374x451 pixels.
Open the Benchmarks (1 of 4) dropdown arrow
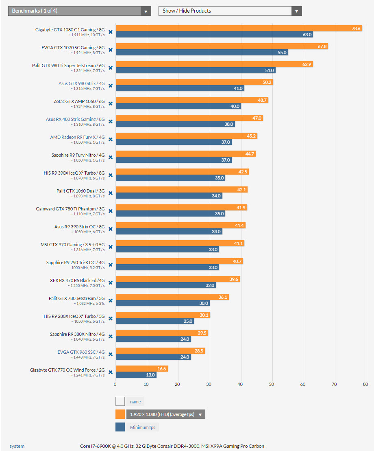coord(146,11)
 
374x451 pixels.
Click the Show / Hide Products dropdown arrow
coord(297,11)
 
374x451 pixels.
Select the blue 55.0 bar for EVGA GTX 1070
coord(202,53)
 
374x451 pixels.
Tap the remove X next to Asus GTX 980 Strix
coord(110,85)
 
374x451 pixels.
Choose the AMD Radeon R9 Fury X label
coord(77,137)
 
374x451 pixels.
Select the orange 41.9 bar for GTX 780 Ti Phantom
coord(181,208)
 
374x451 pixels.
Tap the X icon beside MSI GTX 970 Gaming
coord(110,247)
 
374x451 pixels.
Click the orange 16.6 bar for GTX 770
coord(141,369)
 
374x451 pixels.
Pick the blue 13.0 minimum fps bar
coord(136,375)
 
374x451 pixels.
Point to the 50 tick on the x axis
coord(272,384)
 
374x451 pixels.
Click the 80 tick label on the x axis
coord(365,384)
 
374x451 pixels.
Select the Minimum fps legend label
coord(142,427)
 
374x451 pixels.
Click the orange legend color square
coord(120,414)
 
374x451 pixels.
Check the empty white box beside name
coord(120,401)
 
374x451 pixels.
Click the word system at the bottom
coord(17,446)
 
